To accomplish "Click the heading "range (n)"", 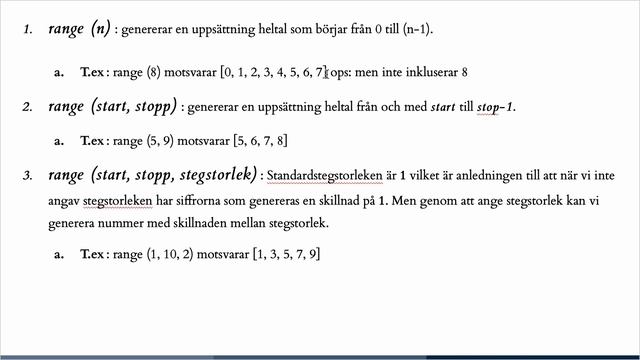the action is point(78,32).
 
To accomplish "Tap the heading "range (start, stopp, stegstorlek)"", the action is point(153,176).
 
